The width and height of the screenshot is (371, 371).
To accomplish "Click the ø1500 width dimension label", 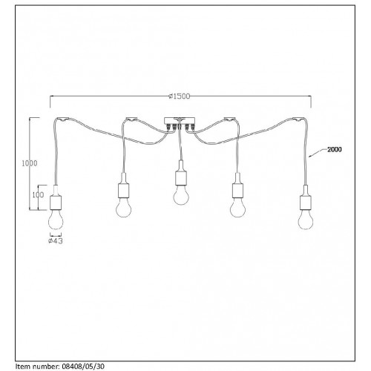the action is [x=180, y=96].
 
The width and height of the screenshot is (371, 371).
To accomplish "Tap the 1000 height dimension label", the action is [x=30, y=163].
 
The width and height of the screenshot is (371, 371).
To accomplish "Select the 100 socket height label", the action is [x=38, y=195].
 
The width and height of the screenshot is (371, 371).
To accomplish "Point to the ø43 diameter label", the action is [x=56, y=240].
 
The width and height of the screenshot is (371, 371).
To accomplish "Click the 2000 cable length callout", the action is [x=335, y=149].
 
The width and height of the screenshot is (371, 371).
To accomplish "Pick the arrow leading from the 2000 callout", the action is [x=318, y=152].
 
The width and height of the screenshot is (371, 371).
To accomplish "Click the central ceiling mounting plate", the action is [x=180, y=120].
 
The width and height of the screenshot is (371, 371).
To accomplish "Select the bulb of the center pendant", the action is [x=181, y=195].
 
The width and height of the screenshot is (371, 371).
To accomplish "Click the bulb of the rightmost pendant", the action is [x=306, y=220].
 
